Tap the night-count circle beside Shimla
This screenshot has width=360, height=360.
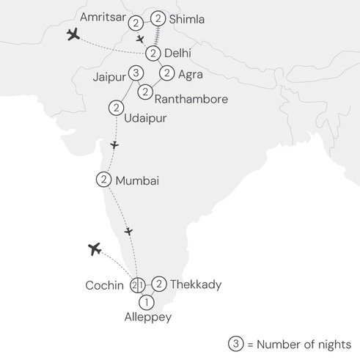tap(159, 18)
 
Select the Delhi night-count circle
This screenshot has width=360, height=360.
tap(153, 53)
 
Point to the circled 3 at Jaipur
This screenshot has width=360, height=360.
tap(136, 73)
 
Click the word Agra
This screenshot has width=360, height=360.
tap(191, 74)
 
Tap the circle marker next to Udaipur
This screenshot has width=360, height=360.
tap(115, 108)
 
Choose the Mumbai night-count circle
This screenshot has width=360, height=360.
tap(103, 179)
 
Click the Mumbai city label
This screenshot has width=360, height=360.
tap(137, 180)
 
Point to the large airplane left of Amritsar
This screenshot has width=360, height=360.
tap(73, 35)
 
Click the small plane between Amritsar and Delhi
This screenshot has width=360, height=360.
tap(140, 39)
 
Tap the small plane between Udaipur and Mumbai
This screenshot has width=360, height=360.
tap(114, 145)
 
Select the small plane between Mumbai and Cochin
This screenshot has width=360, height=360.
tap(129, 231)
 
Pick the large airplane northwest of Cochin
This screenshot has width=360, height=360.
tap(94, 249)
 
